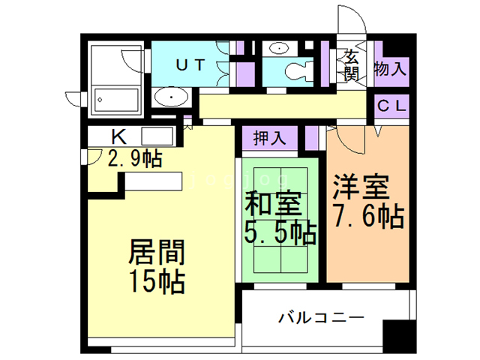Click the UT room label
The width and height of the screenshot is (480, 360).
(190, 64)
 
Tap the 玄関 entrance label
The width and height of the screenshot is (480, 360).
(350, 65)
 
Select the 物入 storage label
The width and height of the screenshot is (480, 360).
(390, 70)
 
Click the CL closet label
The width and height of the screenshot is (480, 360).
(390, 106)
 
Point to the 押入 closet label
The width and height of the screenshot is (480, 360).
(269, 138)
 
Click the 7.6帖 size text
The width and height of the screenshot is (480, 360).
(367, 217)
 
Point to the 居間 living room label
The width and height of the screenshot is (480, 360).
(157, 252)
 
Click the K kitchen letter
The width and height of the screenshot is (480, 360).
(118, 136)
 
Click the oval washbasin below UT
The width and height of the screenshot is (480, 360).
(173, 97)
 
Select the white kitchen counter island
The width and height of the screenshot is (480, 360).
(154, 182)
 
